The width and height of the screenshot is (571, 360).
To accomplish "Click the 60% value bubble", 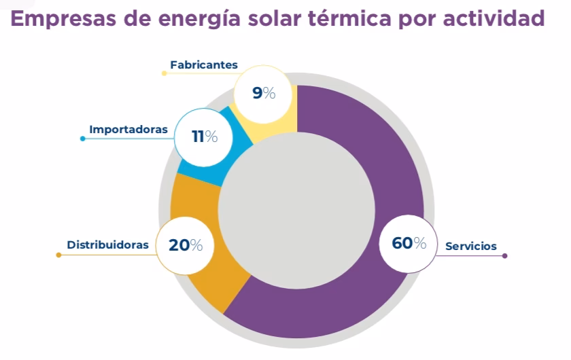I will [x=409, y=243].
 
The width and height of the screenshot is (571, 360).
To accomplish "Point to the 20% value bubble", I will [x=186, y=245].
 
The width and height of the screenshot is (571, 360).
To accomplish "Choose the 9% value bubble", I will [x=264, y=93].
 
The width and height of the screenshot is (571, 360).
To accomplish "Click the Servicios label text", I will [x=471, y=246].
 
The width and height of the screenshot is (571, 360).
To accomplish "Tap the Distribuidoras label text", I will [x=107, y=245].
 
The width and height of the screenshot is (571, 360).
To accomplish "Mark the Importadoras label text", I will [x=128, y=129].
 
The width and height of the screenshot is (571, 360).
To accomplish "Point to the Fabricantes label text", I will [x=204, y=65].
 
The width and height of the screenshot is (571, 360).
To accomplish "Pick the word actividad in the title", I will [x=500, y=18].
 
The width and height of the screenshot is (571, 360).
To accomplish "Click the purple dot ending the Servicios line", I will [x=505, y=256].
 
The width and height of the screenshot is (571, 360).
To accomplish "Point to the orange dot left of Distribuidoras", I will [x=58, y=255].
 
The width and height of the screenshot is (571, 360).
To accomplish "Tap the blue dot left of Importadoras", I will [x=82, y=139].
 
